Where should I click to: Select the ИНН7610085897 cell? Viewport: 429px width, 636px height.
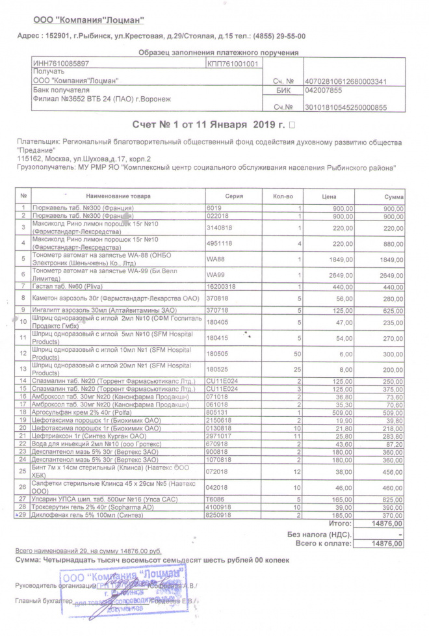61,64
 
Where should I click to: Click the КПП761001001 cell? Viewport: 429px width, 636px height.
233,64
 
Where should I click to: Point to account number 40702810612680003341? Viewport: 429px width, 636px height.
345,81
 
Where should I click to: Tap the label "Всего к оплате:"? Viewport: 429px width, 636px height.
324,542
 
